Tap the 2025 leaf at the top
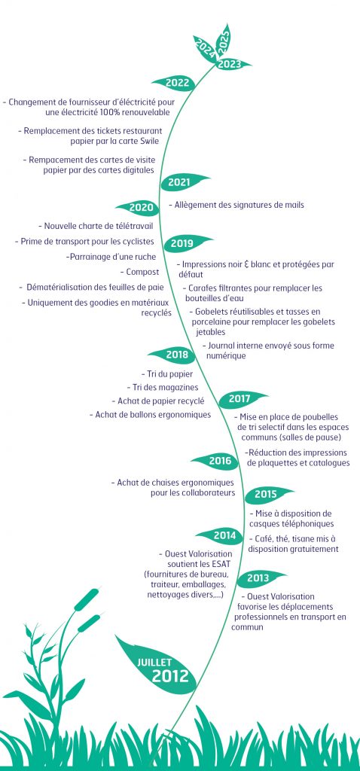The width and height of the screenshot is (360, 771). click(x=224, y=41)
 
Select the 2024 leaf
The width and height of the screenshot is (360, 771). click(x=205, y=49)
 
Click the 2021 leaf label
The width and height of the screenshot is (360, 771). click(x=183, y=182)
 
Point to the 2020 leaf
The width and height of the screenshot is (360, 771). click(x=139, y=208)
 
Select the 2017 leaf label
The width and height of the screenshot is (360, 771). click(x=241, y=399)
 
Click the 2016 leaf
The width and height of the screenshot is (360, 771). click(x=216, y=462)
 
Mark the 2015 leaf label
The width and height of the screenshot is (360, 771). click(x=268, y=494)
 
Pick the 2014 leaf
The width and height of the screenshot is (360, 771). click(x=221, y=535)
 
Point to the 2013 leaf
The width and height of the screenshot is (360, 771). click(x=260, y=579)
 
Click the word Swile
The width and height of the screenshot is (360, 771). click(x=148, y=141)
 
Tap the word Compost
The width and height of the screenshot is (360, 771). click(x=142, y=272)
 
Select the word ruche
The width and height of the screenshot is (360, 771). click(x=145, y=257)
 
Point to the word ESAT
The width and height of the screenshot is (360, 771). click(x=221, y=563)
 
